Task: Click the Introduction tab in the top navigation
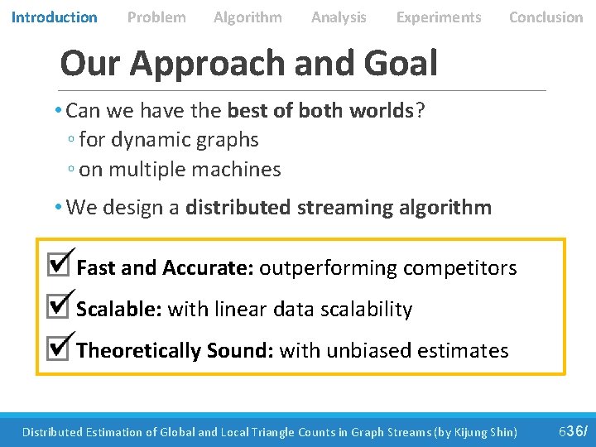[x=54, y=17]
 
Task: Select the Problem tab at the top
[x=156, y=17]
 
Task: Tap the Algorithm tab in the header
[x=248, y=17]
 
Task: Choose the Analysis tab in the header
[x=339, y=17]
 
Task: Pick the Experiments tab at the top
[x=438, y=17]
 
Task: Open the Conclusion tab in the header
[x=546, y=17]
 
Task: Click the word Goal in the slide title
[x=403, y=63]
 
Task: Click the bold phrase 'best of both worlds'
[x=320, y=110]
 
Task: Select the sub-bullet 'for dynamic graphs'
[x=168, y=140]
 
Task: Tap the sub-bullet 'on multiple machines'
[x=180, y=170]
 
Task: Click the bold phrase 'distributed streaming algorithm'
[x=339, y=207]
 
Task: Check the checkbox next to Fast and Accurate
[x=59, y=264]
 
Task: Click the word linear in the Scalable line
[x=239, y=310]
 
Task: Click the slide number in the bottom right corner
[x=573, y=431]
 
